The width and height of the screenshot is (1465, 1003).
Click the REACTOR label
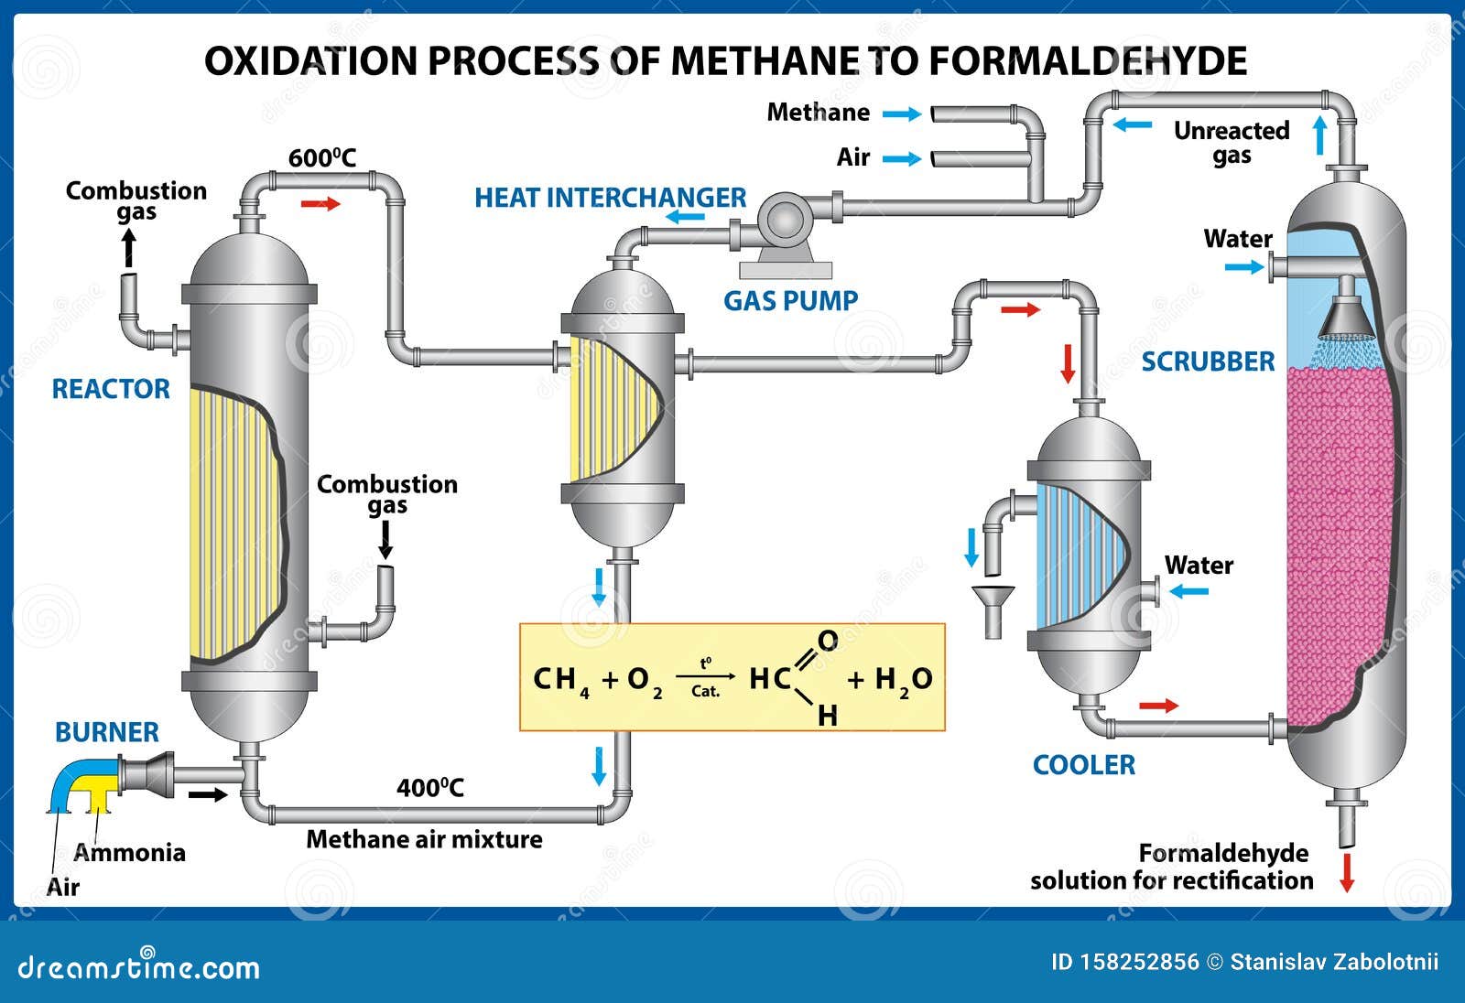click(x=111, y=389)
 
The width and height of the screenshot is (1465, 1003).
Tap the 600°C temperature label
click(x=321, y=158)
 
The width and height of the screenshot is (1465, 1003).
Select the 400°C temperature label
click(x=429, y=788)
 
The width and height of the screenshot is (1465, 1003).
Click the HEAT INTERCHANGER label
click(x=610, y=198)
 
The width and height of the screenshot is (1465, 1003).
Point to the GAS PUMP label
click(x=790, y=301)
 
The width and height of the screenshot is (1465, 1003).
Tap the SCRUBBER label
click(x=1207, y=361)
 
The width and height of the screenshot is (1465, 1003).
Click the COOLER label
click(x=1083, y=765)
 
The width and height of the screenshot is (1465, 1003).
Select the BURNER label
click(x=106, y=732)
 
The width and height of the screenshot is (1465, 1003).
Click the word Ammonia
click(x=130, y=853)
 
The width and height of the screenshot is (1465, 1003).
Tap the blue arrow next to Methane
click(x=901, y=113)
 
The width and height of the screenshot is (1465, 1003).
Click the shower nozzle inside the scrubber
click(x=1346, y=316)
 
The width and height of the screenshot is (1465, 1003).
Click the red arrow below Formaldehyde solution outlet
click(x=1346, y=871)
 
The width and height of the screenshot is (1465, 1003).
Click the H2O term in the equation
click(x=903, y=680)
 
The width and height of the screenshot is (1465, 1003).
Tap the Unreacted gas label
click(x=1231, y=143)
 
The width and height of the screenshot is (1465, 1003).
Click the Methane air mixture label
click(x=424, y=839)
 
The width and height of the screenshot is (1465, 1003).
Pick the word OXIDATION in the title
click(x=310, y=61)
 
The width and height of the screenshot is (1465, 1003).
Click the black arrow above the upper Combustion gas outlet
click(x=129, y=248)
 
